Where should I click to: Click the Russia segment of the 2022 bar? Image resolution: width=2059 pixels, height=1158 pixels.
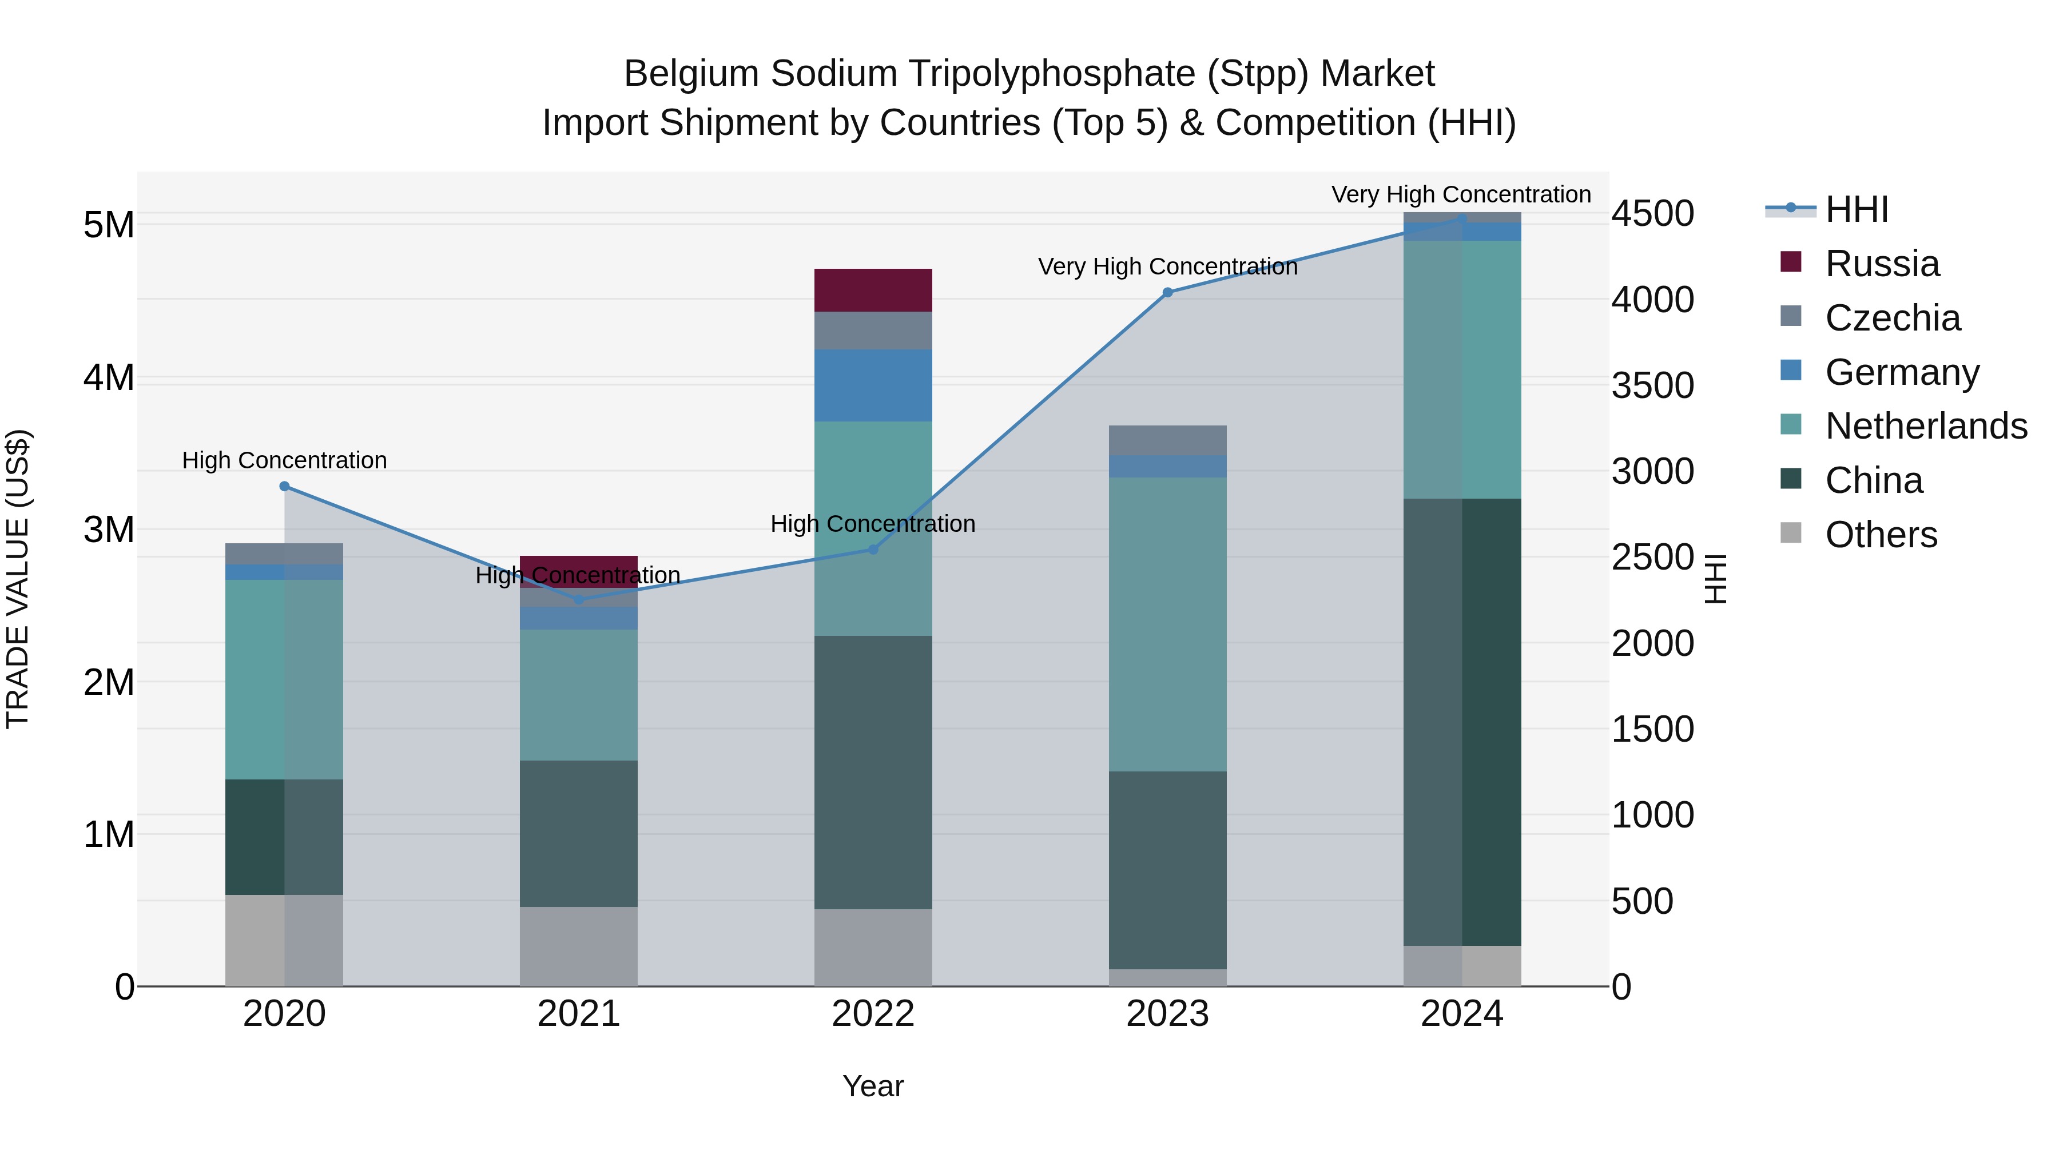pyautogui.click(x=873, y=290)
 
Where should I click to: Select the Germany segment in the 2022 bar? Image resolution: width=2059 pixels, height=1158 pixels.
pyautogui.click(x=873, y=385)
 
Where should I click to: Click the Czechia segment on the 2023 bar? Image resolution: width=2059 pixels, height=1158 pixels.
pyautogui.click(x=1167, y=440)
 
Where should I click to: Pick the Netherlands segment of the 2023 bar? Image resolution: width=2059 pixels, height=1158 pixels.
pyautogui.click(x=1167, y=624)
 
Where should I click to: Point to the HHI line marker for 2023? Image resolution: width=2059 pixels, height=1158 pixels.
pyautogui.click(x=1167, y=292)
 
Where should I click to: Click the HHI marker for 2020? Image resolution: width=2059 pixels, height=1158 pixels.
pyautogui.click(x=285, y=486)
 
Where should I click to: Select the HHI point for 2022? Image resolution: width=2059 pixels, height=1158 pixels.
pyautogui.click(x=873, y=549)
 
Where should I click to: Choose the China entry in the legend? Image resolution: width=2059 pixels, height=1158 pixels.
pyautogui.click(x=1873, y=480)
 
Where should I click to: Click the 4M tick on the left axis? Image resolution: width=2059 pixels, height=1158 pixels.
pyautogui.click(x=109, y=377)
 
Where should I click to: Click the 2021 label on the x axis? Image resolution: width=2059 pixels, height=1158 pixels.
pyautogui.click(x=579, y=1014)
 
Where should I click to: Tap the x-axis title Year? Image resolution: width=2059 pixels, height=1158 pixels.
pyautogui.click(x=873, y=1086)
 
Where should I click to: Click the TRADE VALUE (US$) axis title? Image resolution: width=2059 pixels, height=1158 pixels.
pyautogui.click(x=18, y=579)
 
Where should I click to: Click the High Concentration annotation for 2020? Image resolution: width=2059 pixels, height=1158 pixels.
pyautogui.click(x=285, y=460)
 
